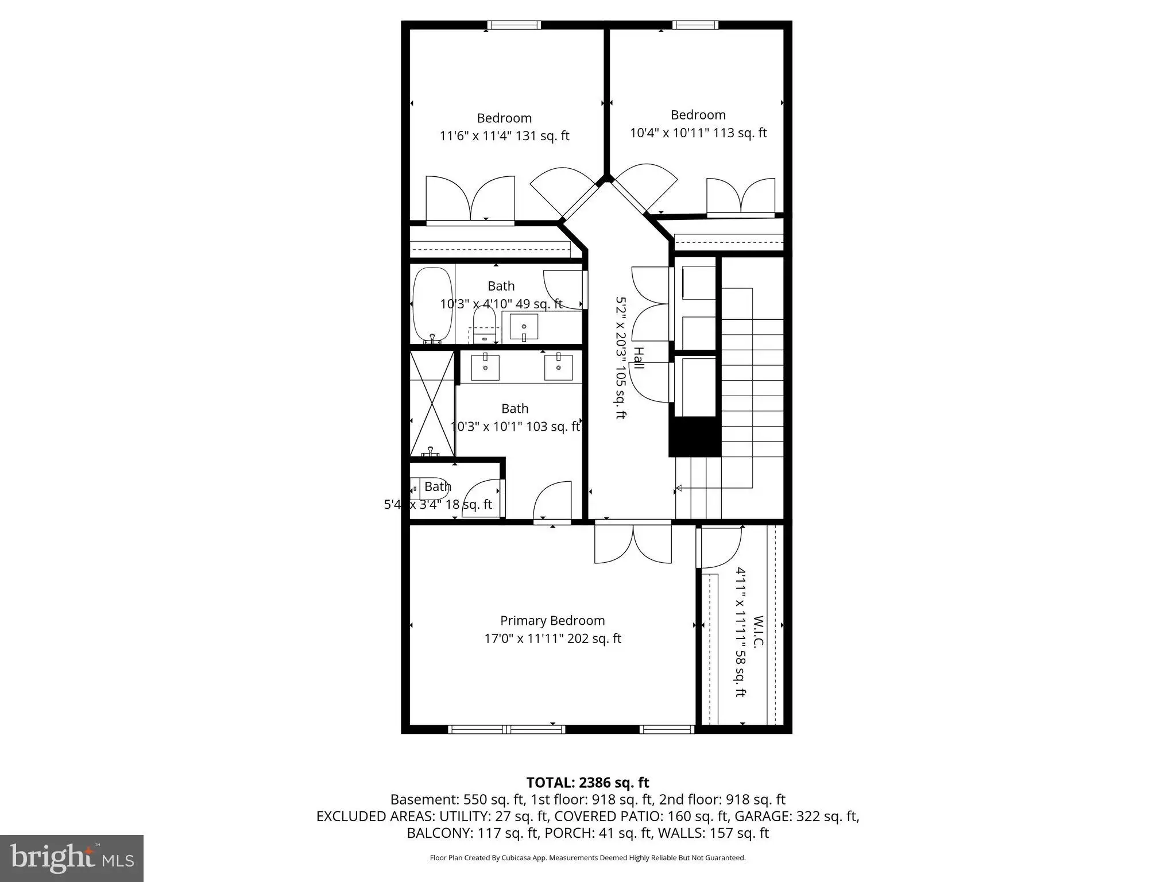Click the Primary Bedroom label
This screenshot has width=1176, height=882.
(x=552, y=621)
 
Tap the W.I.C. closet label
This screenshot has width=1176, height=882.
(x=758, y=632)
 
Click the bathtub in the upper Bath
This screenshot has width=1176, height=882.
(x=432, y=305)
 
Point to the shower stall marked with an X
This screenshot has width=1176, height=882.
(x=432, y=404)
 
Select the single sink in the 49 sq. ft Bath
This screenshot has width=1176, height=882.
(x=524, y=327)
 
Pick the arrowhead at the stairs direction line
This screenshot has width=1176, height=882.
(x=678, y=488)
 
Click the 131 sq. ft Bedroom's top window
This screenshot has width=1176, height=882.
(x=514, y=25)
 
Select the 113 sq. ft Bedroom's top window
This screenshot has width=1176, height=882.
(x=695, y=25)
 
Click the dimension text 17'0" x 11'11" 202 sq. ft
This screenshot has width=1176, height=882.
(x=552, y=639)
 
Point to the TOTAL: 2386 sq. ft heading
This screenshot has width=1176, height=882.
(x=587, y=782)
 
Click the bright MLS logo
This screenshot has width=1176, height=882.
(x=72, y=858)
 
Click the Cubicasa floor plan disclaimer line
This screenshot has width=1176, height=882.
(x=587, y=858)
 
